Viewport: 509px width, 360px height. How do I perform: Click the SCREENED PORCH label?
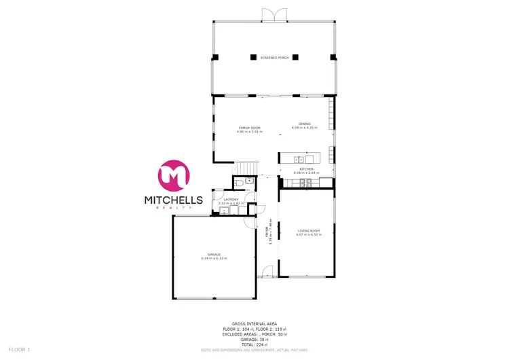pyautogui.click(x=274, y=58)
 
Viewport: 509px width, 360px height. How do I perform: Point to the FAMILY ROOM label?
pyautogui.click(x=249, y=128)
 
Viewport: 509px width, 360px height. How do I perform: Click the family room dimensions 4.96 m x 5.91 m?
pyautogui.click(x=249, y=131)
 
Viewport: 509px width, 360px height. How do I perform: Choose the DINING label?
pyautogui.click(x=304, y=124)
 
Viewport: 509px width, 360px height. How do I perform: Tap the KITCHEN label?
pyautogui.click(x=305, y=169)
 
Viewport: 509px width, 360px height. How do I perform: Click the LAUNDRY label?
pyautogui.click(x=231, y=199)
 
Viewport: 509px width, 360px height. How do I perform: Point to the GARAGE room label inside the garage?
pyautogui.click(x=214, y=255)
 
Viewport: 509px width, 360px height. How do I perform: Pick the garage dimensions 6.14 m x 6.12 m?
pyautogui.click(x=214, y=259)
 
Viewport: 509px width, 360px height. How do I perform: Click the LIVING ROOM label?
pyautogui.click(x=309, y=231)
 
